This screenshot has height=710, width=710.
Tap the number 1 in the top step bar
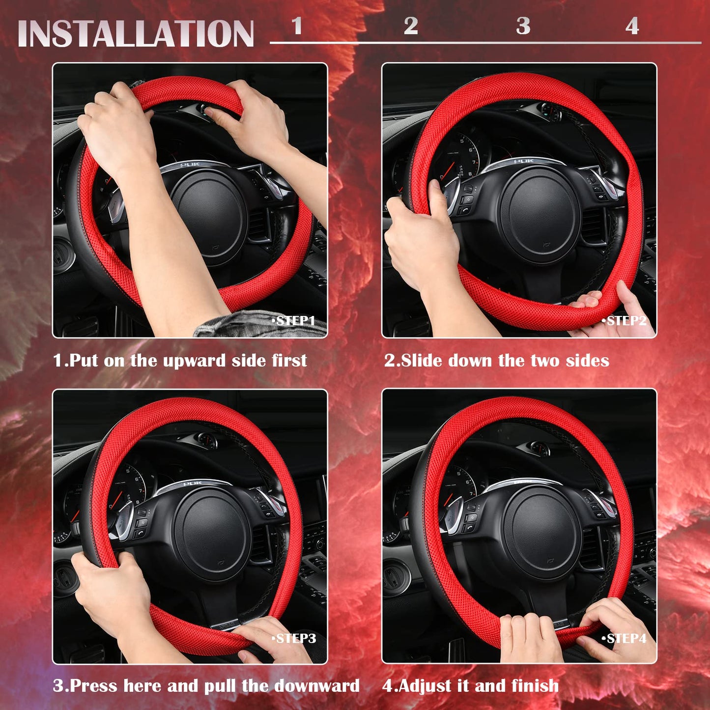point(296,26)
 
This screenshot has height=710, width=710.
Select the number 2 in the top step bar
point(411,26)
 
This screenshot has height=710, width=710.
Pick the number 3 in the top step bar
point(523,26)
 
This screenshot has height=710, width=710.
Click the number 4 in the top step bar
point(632,26)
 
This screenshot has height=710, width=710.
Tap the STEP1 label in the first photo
point(294,321)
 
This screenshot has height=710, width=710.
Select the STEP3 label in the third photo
point(294,638)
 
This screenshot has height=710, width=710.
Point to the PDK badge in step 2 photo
point(524,161)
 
